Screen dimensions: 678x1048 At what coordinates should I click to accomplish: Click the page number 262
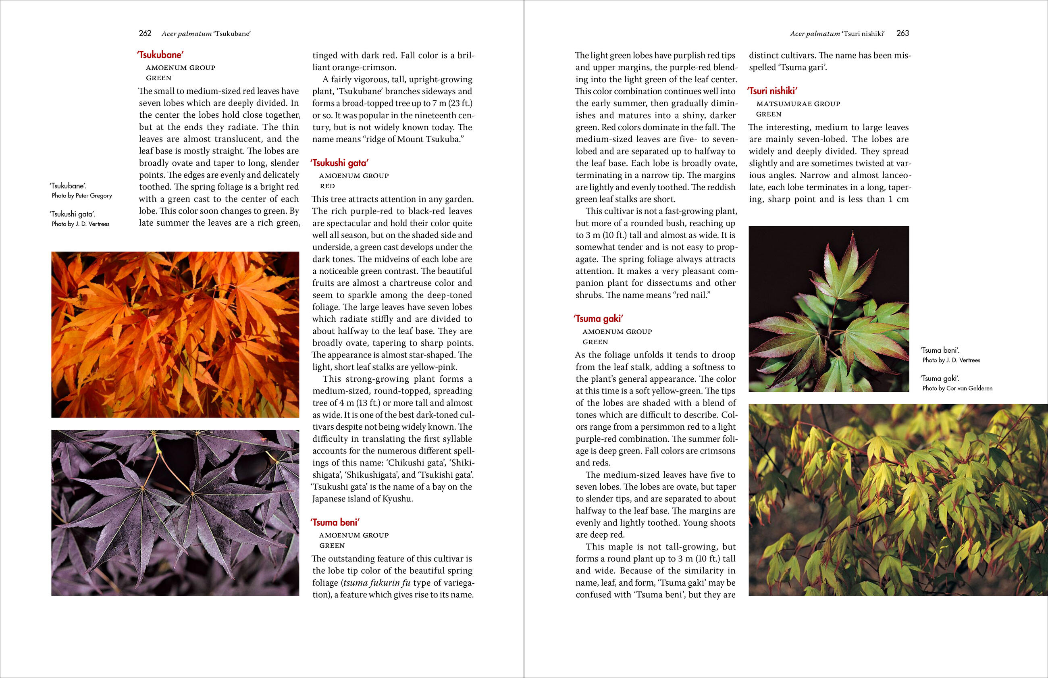145,33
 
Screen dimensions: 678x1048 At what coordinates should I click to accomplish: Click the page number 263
902,33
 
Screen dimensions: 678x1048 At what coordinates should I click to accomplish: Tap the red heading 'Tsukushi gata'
339,163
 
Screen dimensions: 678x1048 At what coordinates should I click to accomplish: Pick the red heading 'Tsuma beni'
335,522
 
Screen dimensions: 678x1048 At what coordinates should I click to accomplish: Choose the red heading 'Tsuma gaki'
599,319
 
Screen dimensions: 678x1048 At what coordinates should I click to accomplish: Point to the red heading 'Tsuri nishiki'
772,91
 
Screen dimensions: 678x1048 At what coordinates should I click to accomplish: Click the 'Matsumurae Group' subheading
798,104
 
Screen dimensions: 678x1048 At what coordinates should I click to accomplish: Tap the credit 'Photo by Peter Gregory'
82,196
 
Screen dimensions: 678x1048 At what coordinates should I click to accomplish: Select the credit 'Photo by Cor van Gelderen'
957,388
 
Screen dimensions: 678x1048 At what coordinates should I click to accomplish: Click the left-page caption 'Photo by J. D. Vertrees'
81,224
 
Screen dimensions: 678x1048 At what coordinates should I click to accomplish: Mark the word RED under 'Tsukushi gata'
327,186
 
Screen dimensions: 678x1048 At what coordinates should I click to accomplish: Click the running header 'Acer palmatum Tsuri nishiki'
837,33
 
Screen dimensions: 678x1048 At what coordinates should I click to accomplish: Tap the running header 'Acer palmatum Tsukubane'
206,33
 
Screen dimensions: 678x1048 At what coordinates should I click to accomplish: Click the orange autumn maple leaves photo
175,335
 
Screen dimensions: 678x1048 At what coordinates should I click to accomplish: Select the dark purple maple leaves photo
175,512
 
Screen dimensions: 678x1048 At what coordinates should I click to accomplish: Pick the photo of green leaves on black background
829,309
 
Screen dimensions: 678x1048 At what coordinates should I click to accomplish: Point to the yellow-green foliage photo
898,500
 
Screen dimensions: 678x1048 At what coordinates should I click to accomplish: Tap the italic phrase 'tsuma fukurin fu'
377,583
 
